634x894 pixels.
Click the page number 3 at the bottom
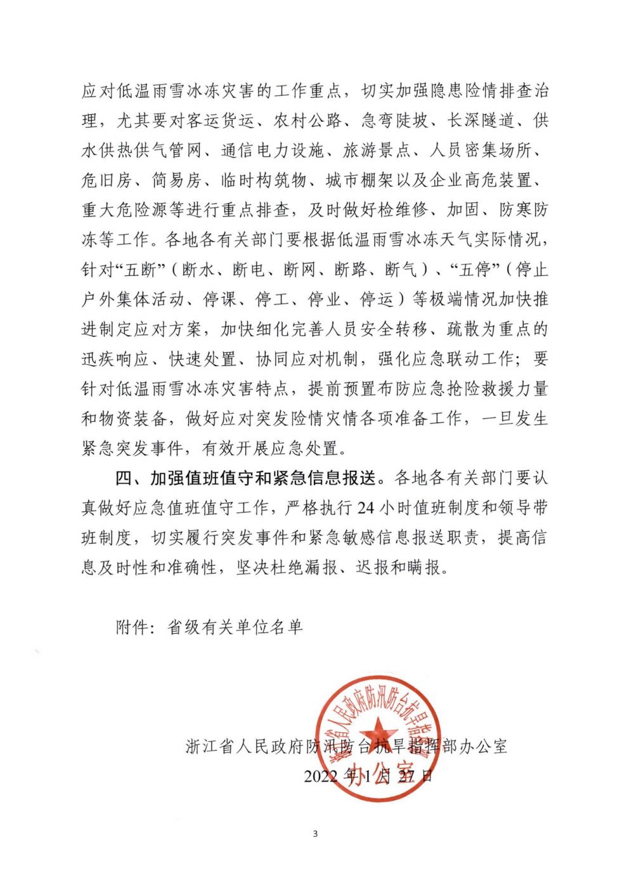click(315, 833)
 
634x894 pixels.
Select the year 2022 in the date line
click(321, 775)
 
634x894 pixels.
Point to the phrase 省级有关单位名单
click(235, 628)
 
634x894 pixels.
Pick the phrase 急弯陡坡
click(394, 121)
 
